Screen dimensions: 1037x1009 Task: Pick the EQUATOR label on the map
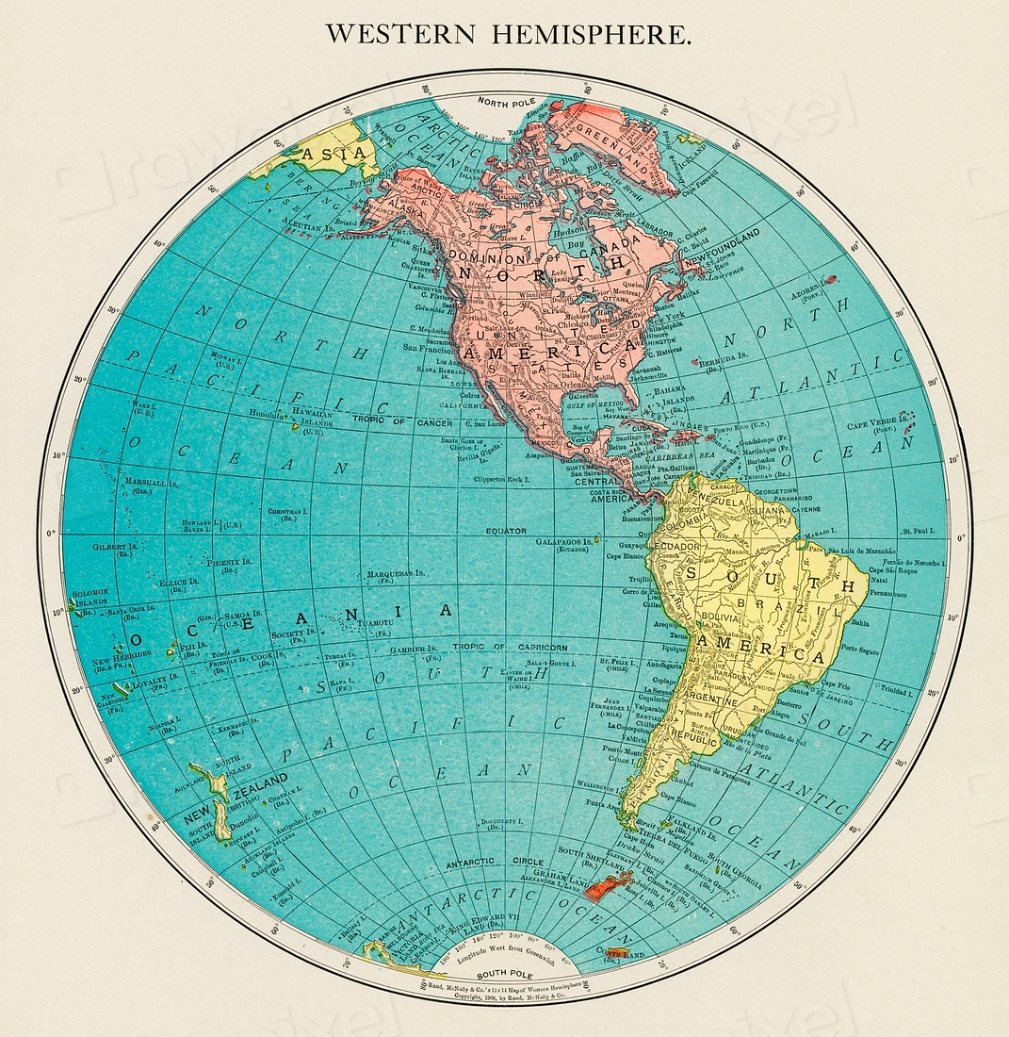coord(506,531)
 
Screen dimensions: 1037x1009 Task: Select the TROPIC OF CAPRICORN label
coord(510,648)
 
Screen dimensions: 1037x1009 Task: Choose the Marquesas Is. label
coord(395,572)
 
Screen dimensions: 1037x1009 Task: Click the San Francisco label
coord(430,347)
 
